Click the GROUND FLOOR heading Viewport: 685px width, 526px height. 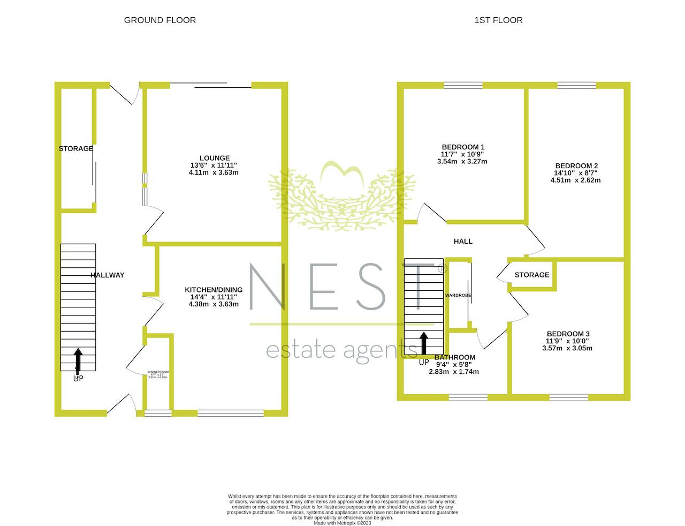point(159,20)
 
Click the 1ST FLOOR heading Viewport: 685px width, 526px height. point(498,20)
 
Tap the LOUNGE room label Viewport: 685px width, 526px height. point(214,158)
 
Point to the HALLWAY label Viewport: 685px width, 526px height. point(107,275)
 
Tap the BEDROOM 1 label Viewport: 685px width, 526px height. point(463,147)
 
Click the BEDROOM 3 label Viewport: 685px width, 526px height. point(567,334)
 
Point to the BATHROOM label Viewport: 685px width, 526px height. point(454,357)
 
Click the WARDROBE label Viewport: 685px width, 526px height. point(458,295)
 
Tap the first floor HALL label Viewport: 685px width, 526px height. point(463,242)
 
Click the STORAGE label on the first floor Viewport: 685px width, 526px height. point(531,275)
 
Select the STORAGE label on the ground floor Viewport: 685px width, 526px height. point(75,149)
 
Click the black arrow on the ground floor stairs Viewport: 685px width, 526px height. point(78,361)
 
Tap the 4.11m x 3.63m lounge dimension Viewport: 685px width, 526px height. point(214,172)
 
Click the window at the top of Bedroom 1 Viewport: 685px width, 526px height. point(463,85)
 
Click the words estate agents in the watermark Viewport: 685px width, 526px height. point(341,351)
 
